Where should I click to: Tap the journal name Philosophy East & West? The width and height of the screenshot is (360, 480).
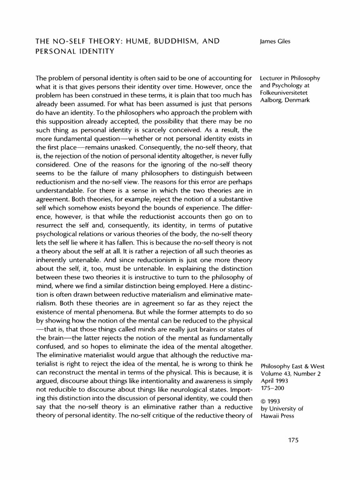point(291,366)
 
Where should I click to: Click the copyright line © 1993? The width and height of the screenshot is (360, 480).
point(269,401)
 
